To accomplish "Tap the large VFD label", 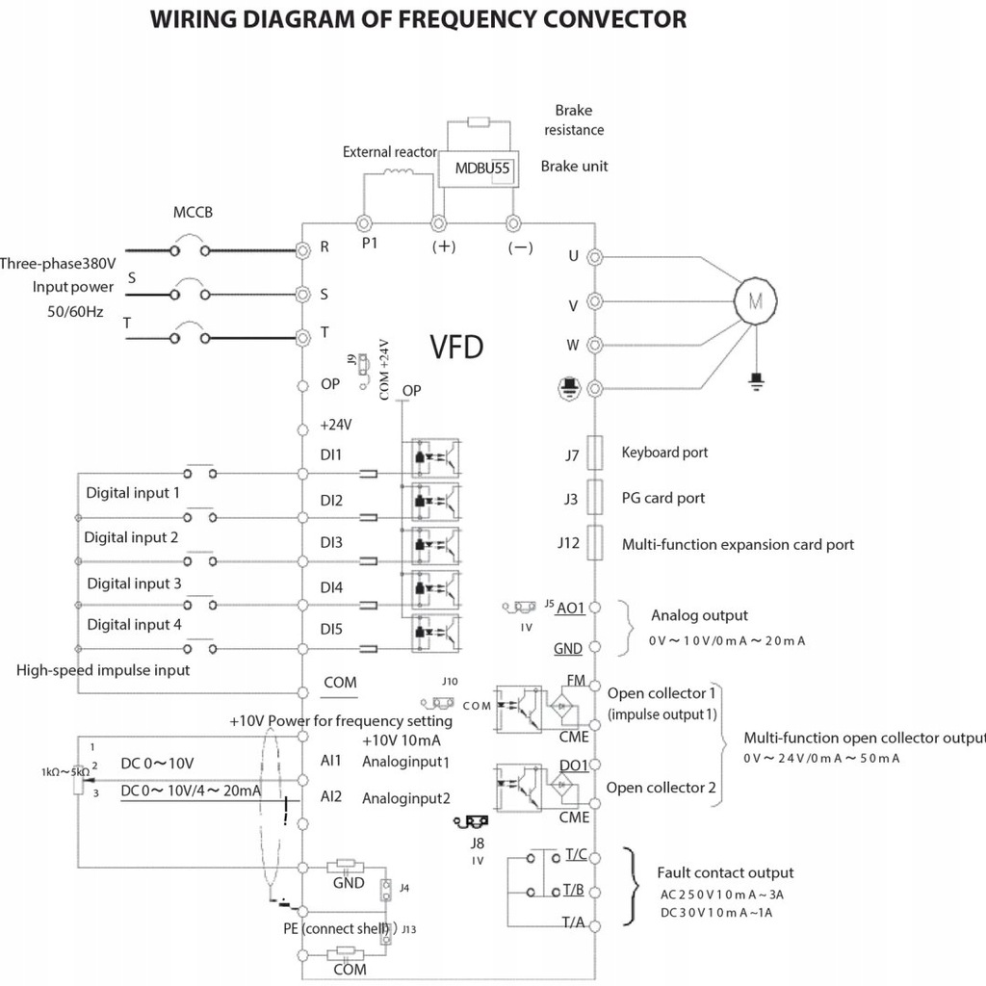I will click(456, 347).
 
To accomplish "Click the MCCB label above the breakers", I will click(193, 212).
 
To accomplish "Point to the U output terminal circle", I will click(595, 257).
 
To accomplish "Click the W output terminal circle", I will click(595, 345).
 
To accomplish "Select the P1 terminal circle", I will click(365, 222).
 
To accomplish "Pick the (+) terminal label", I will click(444, 246).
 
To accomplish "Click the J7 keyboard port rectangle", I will click(595, 452).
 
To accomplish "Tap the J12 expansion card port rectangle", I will click(595, 542).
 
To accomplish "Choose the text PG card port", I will click(663, 498).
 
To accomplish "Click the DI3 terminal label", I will click(331, 542).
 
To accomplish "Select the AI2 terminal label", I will click(331, 796).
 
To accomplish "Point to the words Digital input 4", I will click(134, 624).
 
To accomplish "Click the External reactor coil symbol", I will click(399, 173).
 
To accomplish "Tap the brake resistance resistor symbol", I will click(479, 122).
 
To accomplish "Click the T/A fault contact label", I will click(574, 921).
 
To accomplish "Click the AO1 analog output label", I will click(570, 608).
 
